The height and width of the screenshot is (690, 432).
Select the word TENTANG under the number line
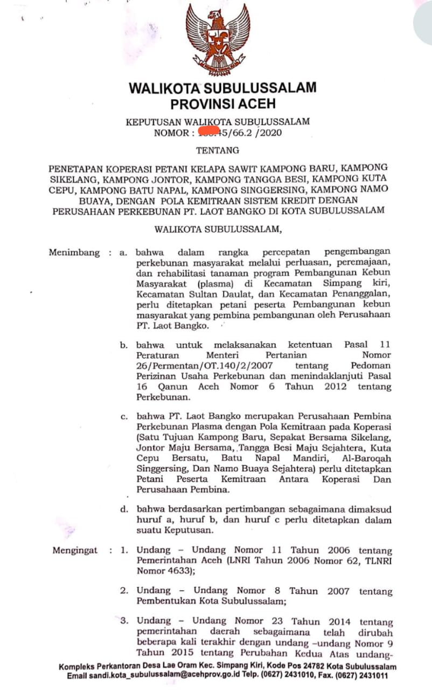click(218, 150)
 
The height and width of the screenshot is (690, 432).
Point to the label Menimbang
click(74, 252)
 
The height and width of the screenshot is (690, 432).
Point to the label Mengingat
click(75, 550)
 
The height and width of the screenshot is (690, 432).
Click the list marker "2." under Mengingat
click(124, 591)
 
